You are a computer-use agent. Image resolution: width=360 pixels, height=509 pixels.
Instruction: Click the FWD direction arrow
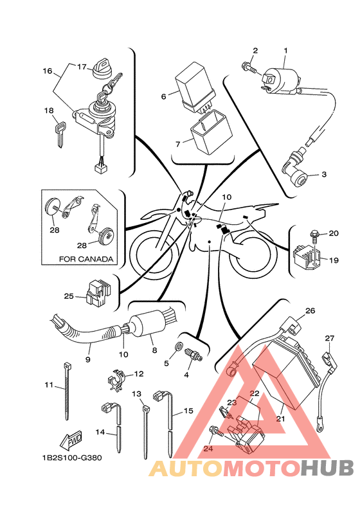[71, 440]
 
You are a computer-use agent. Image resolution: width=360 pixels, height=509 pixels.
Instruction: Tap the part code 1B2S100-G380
[71, 458]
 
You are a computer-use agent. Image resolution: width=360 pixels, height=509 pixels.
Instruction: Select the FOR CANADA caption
[86, 259]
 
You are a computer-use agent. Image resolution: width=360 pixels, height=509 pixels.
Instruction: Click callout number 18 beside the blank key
[49, 111]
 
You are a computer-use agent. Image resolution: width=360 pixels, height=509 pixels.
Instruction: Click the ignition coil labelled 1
[282, 80]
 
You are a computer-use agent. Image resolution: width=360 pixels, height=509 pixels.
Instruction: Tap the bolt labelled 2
[249, 67]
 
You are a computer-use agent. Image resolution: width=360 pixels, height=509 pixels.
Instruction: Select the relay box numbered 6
[194, 87]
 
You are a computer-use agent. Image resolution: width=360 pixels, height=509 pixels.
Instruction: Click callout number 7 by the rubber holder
[177, 144]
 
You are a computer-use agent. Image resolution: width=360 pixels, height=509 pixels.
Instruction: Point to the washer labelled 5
[179, 346]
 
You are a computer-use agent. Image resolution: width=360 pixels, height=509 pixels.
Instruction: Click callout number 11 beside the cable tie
[49, 385]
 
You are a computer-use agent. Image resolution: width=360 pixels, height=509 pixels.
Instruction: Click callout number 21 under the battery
[280, 419]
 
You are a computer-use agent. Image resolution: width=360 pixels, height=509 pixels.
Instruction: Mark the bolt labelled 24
[217, 431]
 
